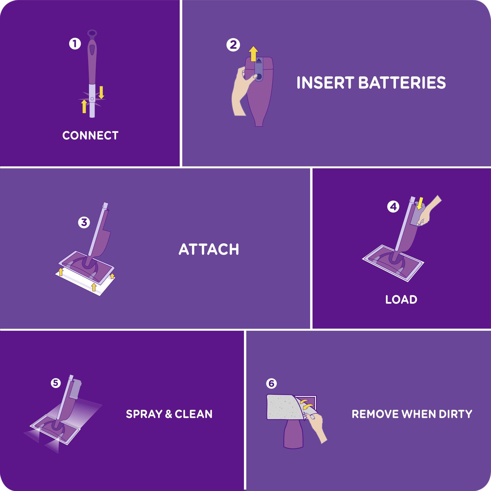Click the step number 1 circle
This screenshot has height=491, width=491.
pos(75,44)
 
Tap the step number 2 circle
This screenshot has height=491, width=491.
pos(233,45)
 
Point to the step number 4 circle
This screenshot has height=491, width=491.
pos(393,207)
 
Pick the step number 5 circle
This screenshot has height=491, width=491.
pos(56,383)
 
